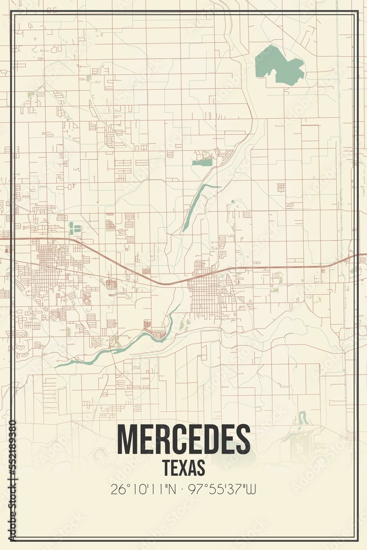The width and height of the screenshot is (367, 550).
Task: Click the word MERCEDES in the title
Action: [184, 440]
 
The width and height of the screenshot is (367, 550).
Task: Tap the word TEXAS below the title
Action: [184, 468]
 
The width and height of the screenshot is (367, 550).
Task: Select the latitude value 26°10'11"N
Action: [144, 489]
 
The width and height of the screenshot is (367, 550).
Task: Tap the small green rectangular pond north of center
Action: [202, 162]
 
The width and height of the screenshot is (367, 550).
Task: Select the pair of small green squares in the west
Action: [74, 228]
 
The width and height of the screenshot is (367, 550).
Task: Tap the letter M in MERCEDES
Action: [127, 440]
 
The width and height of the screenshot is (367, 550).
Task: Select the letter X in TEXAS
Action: [184, 468]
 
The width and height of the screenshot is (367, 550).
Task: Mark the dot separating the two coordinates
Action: [182, 489]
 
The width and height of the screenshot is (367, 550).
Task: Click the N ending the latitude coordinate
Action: [172, 489]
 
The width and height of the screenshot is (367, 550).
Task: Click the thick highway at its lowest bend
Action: [165, 284]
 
